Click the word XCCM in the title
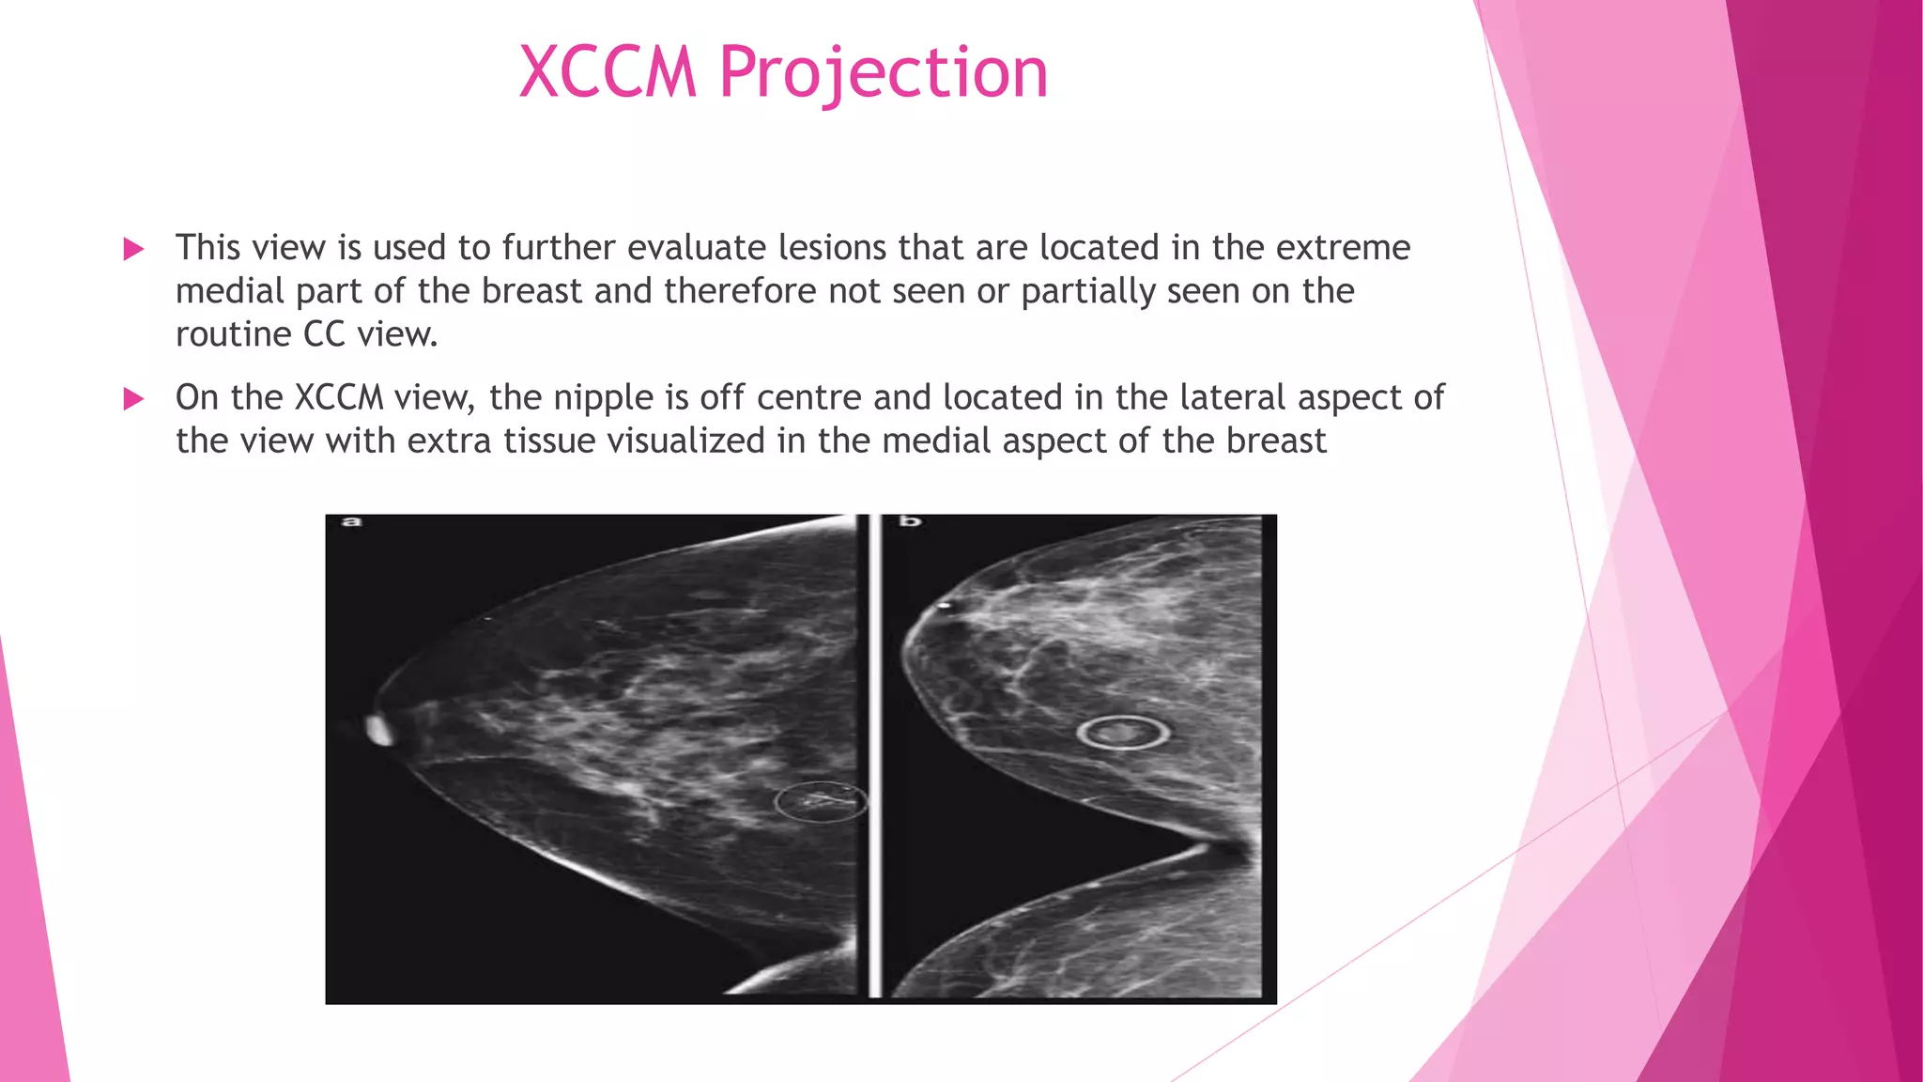[x=608, y=72]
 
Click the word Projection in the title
[x=883, y=72]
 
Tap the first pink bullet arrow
[x=133, y=249]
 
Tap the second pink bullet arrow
[x=133, y=399]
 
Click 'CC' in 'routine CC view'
[x=325, y=334]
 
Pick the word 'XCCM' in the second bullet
[x=339, y=398]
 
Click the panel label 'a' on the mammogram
[x=351, y=521]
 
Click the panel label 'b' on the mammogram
[x=910, y=521]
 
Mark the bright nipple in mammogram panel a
[x=380, y=730]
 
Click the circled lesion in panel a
[x=821, y=801]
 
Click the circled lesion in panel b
[x=1122, y=732]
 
